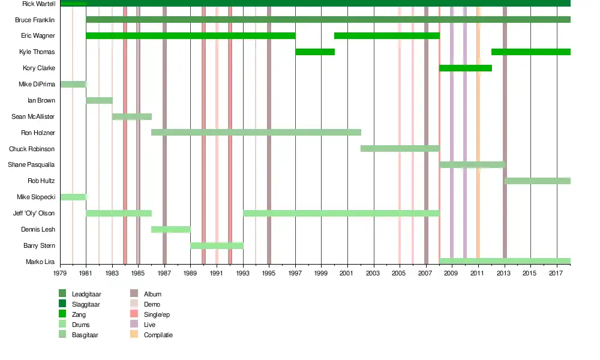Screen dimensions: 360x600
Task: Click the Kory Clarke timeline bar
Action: (466, 68)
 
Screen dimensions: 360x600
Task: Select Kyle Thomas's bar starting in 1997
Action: (315, 52)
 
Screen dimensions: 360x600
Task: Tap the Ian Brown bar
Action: (99, 100)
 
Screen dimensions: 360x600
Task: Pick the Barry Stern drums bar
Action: (217, 245)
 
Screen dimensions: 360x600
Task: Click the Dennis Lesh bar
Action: (171, 229)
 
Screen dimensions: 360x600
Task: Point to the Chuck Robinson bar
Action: (400, 148)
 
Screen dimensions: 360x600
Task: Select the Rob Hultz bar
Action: (538, 181)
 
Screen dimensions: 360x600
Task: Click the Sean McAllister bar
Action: (132, 116)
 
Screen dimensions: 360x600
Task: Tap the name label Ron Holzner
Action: (38, 133)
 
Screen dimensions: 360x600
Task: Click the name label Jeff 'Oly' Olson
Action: (34, 213)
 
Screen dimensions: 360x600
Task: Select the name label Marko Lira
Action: (40, 262)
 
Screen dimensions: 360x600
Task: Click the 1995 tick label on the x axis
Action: (269, 274)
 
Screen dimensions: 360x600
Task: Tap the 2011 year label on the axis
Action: (478, 274)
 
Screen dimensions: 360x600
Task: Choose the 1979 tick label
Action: (60, 274)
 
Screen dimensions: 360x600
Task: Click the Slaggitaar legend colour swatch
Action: (62, 304)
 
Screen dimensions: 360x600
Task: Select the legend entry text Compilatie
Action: (158, 335)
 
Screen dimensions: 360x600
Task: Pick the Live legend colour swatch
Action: (134, 325)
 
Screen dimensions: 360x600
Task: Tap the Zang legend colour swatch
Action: (62, 314)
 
